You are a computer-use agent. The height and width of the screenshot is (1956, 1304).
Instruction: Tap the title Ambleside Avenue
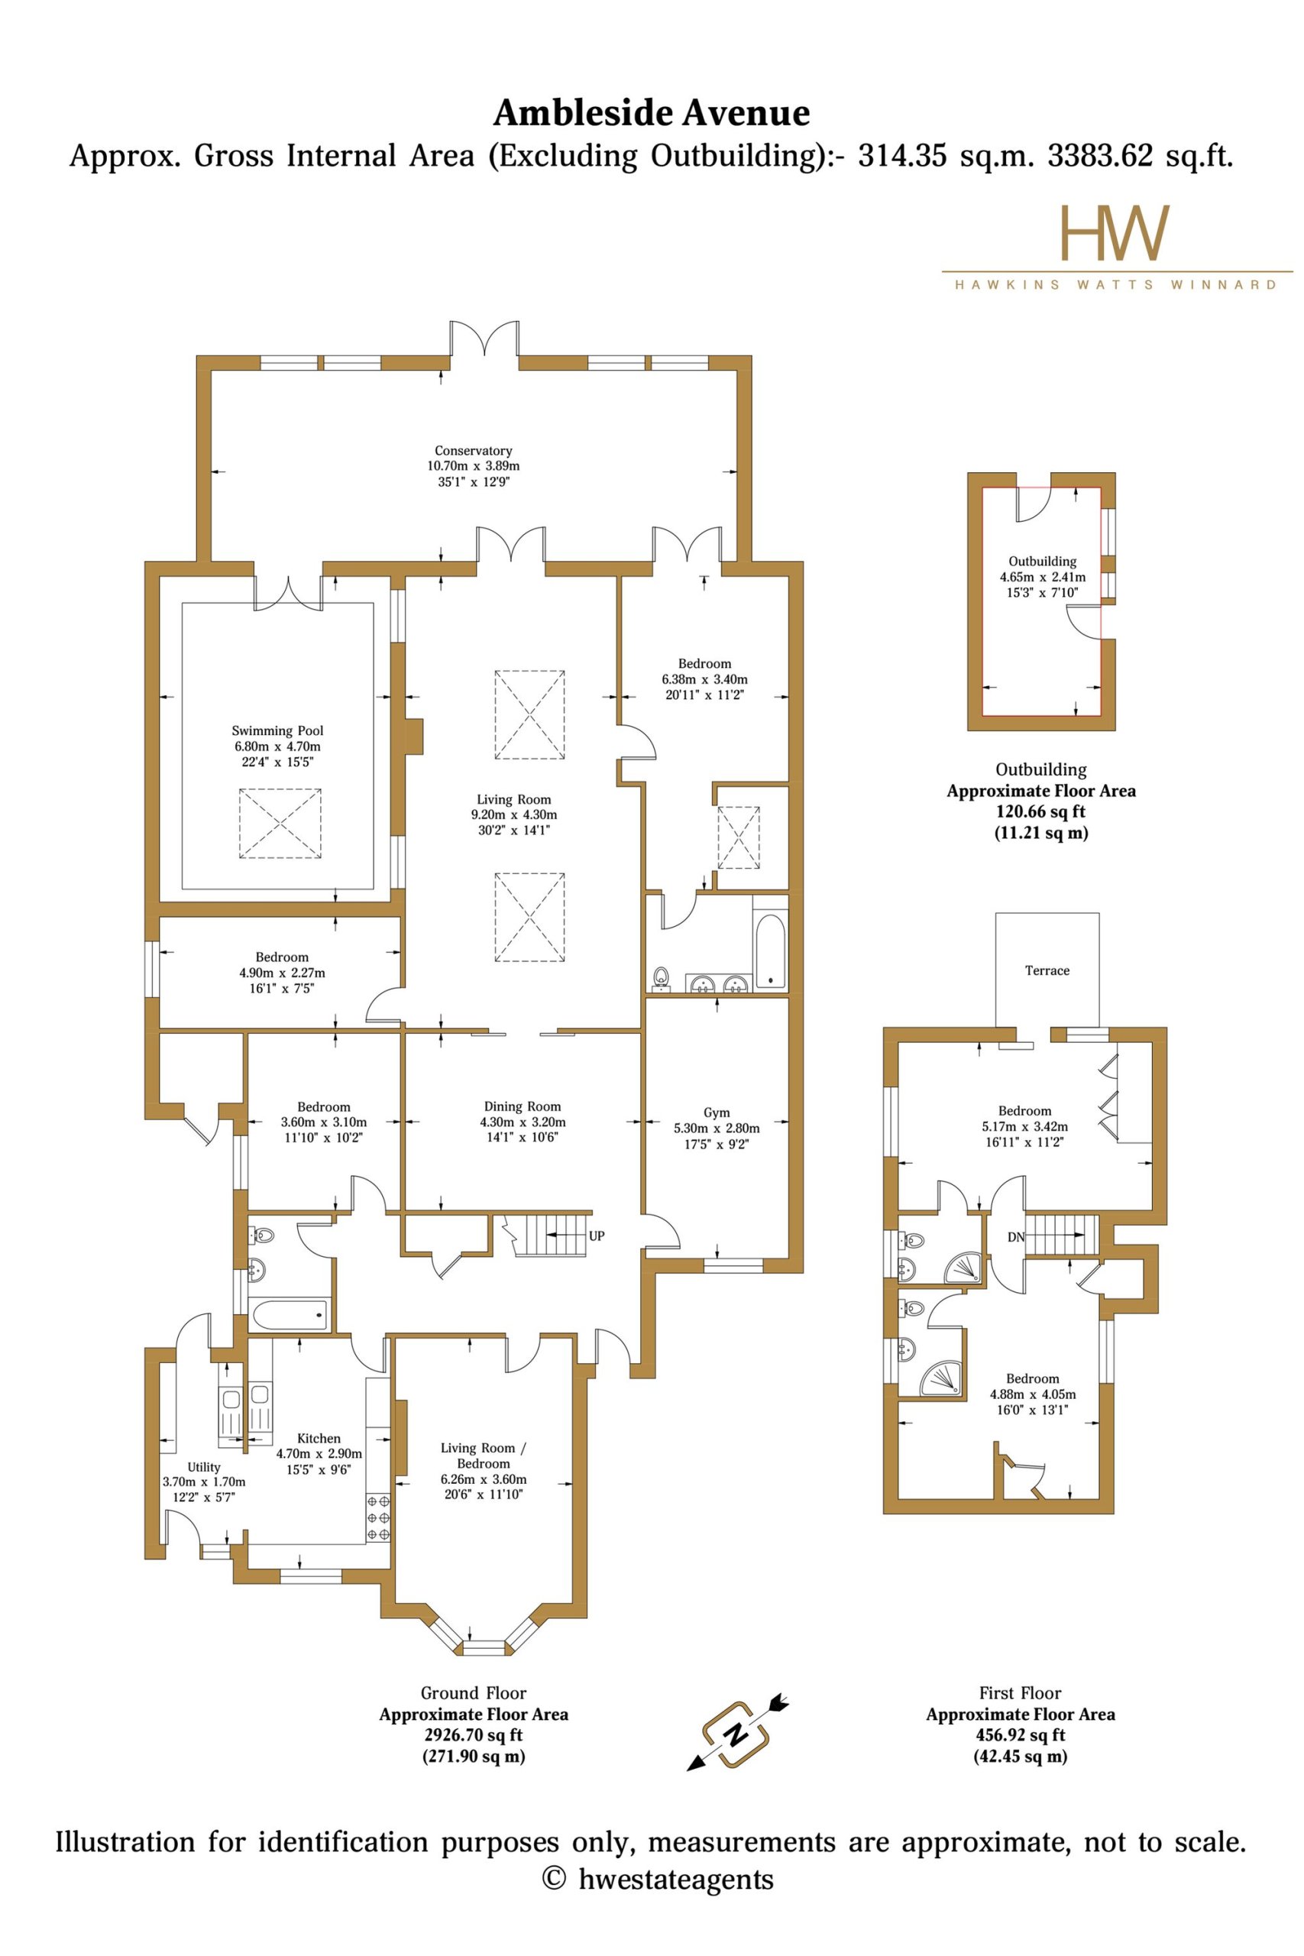[x=651, y=113]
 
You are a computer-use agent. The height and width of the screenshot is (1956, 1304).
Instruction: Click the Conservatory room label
[x=473, y=451]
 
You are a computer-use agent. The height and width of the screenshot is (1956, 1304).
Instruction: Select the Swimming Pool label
[x=277, y=731]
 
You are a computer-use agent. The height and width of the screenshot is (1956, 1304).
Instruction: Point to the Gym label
[x=716, y=1112]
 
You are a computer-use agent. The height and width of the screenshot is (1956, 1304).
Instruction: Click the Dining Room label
[x=523, y=1106]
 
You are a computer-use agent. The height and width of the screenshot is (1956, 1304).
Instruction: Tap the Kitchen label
[x=319, y=1438]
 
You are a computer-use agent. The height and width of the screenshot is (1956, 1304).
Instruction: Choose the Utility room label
[x=204, y=1467]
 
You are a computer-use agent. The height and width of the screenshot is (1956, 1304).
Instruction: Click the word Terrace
[x=1047, y=970]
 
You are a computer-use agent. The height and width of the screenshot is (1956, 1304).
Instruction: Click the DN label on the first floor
[x=1016, y=1238]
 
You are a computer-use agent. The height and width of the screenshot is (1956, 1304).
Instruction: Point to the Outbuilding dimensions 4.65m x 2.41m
[x=1042, y=577]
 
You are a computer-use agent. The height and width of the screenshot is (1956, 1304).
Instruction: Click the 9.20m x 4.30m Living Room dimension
[x=514, y=815]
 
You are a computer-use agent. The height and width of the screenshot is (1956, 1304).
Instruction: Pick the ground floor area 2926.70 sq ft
[x=473, y=1736]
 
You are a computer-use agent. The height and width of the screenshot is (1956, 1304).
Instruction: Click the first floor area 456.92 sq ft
[x=1021, y=1736]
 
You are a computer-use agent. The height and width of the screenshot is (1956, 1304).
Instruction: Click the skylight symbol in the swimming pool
[x=280, y=824]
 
